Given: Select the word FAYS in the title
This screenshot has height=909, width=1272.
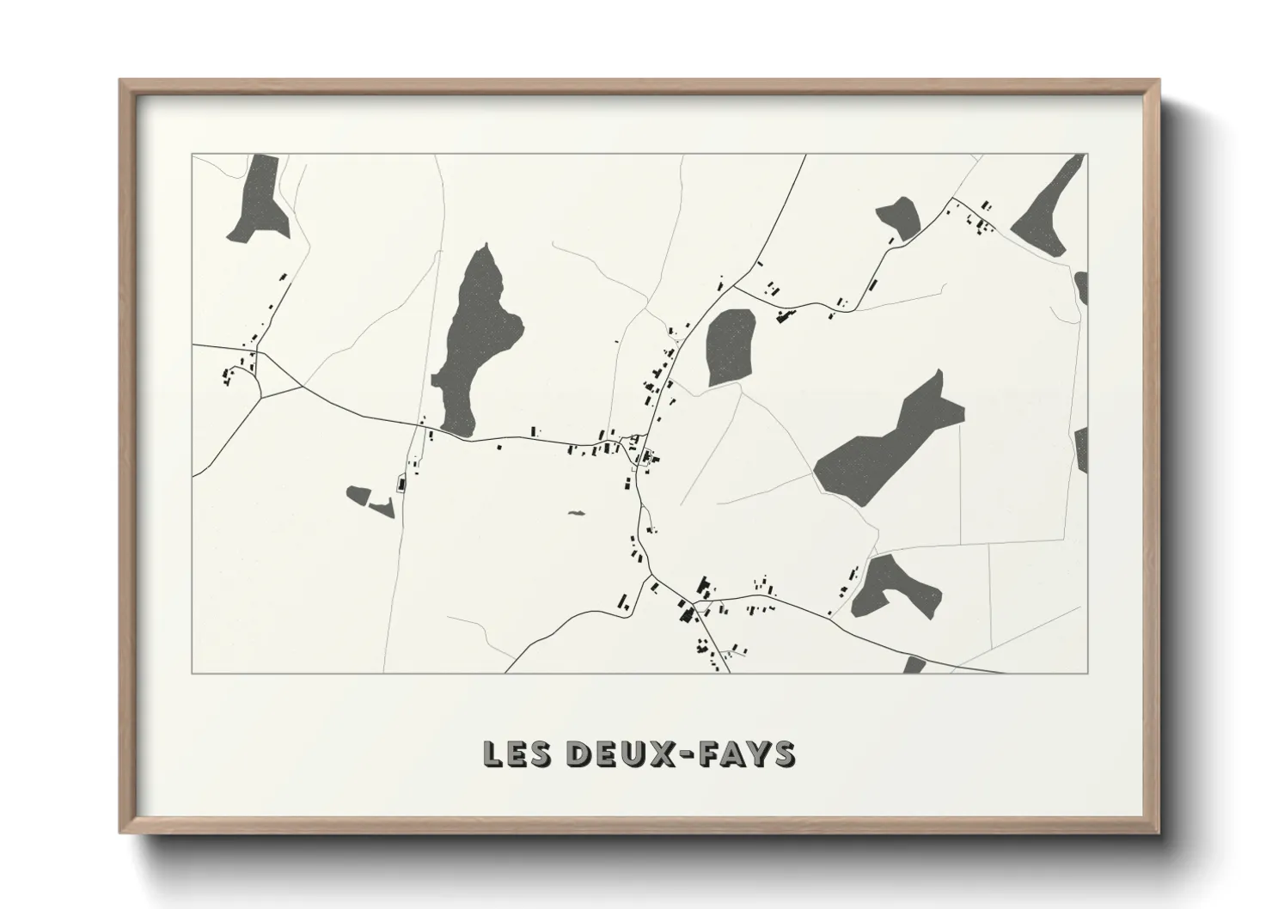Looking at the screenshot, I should tap(753, 753).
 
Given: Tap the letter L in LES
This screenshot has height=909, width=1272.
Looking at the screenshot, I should tap(492, 753).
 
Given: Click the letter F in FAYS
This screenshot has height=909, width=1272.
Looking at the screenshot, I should tap(716, 753).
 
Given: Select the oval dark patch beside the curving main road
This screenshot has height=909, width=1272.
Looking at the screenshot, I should tap(730, 347).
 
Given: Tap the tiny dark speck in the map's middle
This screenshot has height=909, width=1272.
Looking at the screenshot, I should tap(575, 514).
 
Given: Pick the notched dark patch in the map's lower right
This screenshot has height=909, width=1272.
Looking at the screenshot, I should tap(890, 586).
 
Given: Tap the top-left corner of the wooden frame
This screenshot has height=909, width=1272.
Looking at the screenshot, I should tap(121, 82).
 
